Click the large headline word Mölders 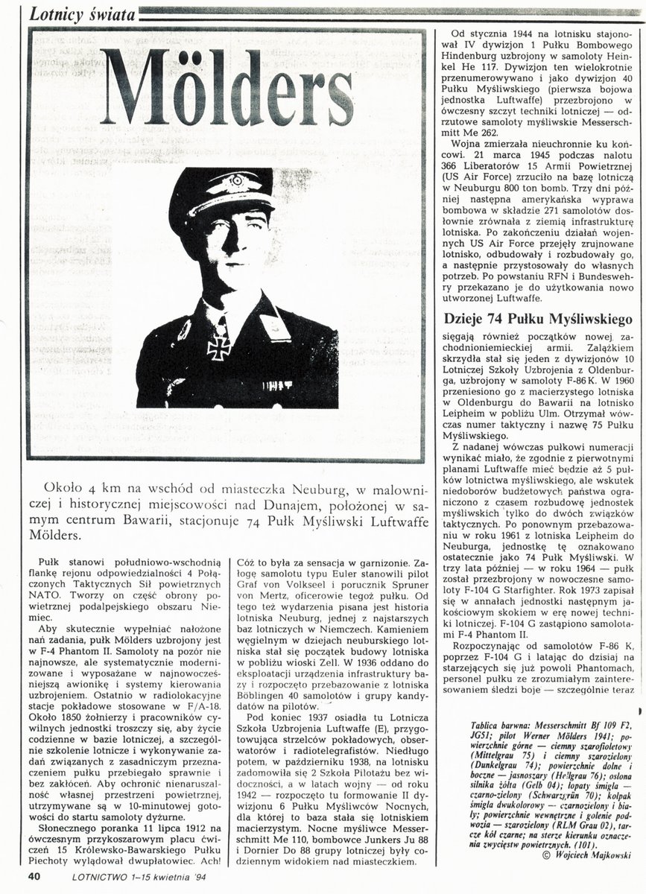[227, 88]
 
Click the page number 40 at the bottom [35, 876]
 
